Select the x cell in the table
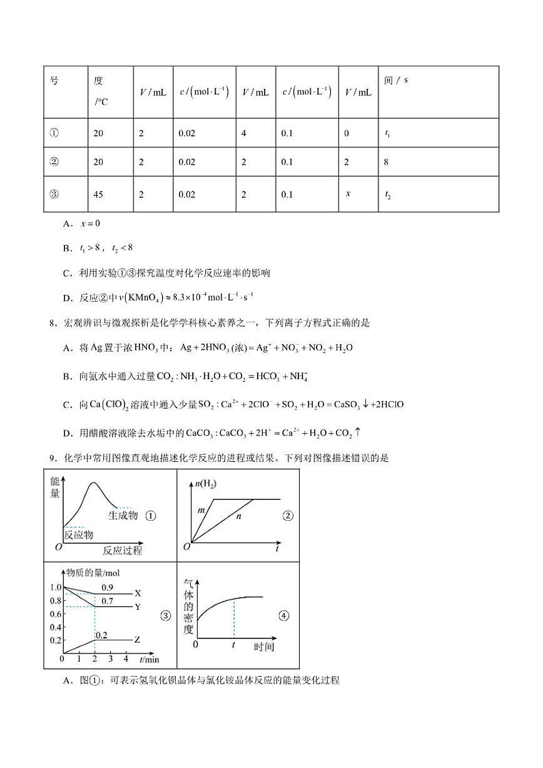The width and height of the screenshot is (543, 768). coord(348,193)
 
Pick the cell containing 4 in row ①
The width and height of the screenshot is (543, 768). coord(244,133)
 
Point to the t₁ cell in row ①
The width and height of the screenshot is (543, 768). coord(388,133)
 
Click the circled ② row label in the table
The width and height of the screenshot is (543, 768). coord(54,162)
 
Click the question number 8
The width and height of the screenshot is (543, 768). coord(51,323)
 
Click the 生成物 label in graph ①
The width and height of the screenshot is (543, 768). coord(123,515)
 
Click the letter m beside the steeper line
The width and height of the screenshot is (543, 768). coord(201,511)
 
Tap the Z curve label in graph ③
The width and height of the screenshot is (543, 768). coord(138,640)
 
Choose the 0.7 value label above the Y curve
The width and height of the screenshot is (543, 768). coord(107,601)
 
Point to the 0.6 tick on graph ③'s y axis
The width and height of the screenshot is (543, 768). coord(56,614)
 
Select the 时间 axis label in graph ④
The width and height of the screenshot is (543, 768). coord(264,647)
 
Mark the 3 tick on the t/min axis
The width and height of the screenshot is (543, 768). coord(111,660)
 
